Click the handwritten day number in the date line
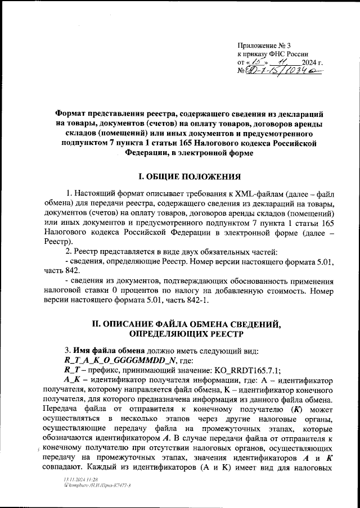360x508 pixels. [256, 62]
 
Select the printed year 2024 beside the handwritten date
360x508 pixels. [309, 62]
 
